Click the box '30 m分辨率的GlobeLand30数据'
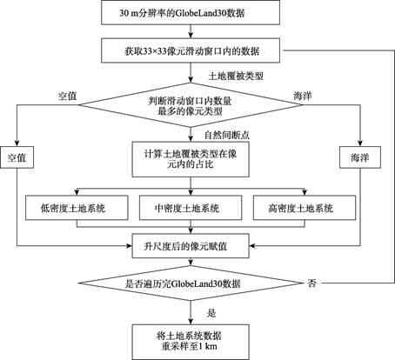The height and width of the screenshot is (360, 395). point(191,12)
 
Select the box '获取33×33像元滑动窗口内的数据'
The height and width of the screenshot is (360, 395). point(191,50)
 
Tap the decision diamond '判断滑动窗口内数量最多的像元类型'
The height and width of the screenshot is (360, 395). point(191,105)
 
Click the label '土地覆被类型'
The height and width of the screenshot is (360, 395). point(236,77)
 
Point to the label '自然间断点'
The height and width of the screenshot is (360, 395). point(227,135)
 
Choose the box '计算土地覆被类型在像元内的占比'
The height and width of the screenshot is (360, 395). point(191,159)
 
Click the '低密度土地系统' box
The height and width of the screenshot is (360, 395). point(77,208)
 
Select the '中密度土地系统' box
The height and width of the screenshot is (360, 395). point(191,208)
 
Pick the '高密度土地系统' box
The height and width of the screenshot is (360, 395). point(305,208)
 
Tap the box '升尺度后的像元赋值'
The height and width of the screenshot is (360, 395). point(191,246)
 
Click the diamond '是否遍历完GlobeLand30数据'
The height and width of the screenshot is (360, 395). point(191,283)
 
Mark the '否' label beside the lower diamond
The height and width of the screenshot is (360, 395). point(311,283)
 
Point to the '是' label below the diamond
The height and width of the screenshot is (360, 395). point(211,313)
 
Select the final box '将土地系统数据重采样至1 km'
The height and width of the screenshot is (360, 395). point(191,342)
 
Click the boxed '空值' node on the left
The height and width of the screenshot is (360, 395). point(17,157)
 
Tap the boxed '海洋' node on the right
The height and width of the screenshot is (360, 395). point(360,157)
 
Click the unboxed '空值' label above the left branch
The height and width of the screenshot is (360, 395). point(67,96)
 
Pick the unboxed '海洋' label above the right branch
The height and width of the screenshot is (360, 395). point(303,96)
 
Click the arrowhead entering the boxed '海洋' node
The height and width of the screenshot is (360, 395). point(360,143)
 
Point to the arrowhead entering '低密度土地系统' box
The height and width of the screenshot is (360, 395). point(77,192)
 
